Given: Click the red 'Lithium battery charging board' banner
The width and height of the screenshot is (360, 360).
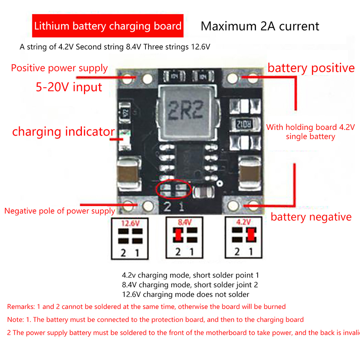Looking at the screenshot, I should (108, 26).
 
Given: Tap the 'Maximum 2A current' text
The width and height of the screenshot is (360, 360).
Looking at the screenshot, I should (260, 26).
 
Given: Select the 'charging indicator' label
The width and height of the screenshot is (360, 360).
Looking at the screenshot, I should (63, 131).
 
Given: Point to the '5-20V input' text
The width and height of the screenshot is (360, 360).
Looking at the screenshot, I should (69, 87).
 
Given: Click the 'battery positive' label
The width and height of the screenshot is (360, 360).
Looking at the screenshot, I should (311, 68).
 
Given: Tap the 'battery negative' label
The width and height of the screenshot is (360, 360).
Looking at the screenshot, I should (311, 217).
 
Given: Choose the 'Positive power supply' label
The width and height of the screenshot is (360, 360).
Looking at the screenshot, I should (59, 68).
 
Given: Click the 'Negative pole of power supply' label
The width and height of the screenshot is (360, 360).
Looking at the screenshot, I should (60, 211).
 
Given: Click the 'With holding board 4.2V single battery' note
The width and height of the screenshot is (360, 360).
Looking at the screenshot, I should (310, 132).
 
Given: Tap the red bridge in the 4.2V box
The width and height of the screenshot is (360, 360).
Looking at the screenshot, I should (251, 235).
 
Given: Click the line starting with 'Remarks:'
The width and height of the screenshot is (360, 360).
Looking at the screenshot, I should (147, 307).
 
